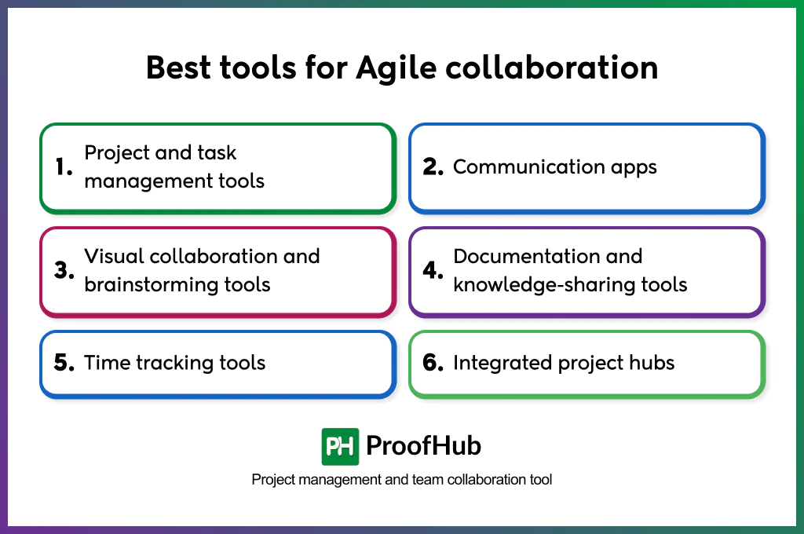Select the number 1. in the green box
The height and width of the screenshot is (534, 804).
[x=64, y=166]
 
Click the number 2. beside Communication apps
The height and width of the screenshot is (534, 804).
[x=433, y=166]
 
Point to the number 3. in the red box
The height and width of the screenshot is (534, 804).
[x=64, y=271]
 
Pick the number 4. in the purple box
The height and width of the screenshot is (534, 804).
[x=433, y=271]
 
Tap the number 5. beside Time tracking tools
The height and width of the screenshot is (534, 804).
[x=64, y=363]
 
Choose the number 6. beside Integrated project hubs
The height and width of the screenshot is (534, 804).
[x=433, y=363]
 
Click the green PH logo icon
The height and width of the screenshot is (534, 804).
[x=340, y=447]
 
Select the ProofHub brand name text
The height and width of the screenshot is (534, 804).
[x=423, y=446]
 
